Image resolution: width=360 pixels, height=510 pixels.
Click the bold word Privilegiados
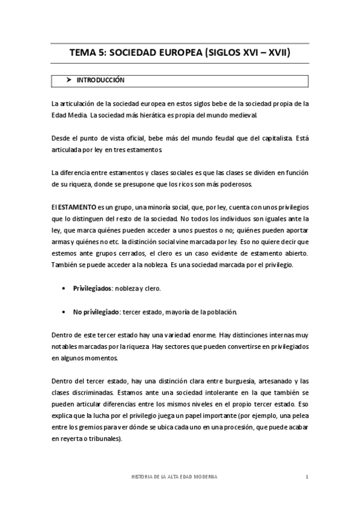pos(93,288)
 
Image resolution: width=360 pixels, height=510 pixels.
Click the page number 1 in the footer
pos(307,477)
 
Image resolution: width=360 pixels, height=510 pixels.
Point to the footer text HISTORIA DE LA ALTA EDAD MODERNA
pos(174,477)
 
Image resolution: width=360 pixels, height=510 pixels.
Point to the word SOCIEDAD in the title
pos(135,53)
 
